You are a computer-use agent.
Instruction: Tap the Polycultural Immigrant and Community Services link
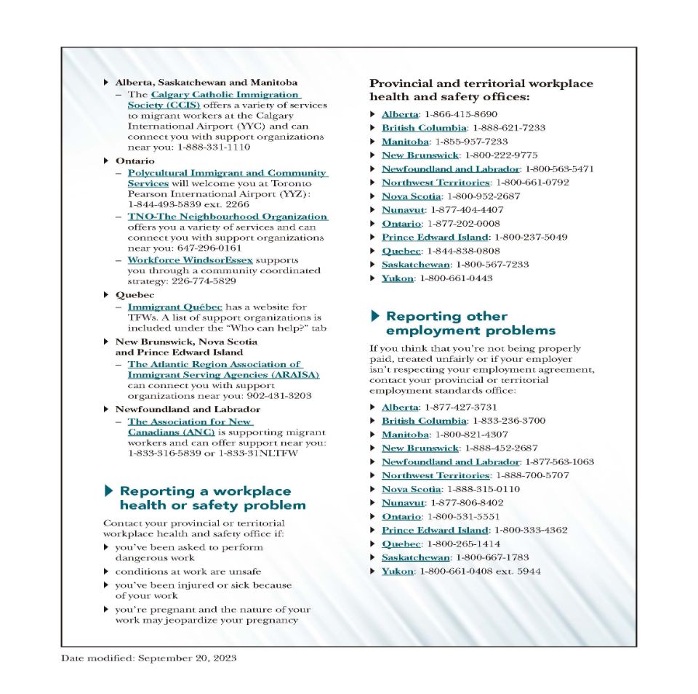(x=227, y=173)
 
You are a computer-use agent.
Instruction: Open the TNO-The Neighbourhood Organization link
(x=227, y=217)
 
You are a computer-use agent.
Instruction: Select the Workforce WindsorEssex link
(x=190, y=259)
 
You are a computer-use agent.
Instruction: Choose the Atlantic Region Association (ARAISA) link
(x=214, y=364)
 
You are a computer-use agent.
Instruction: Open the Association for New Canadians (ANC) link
(x=190, y=421)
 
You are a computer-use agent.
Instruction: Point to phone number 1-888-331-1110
(x=214, y=147)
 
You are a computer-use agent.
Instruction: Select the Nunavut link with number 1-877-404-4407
(x=403, y=210)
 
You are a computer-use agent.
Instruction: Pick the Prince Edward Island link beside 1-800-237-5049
(x=435, y=237)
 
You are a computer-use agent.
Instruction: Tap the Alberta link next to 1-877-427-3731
(x=400, y=407)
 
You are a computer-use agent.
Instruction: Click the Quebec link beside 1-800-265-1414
(x=401, y=544)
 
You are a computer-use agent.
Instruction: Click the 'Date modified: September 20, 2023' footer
(x=148, y=658)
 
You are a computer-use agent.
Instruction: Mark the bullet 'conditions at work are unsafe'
(x=188, y=572)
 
